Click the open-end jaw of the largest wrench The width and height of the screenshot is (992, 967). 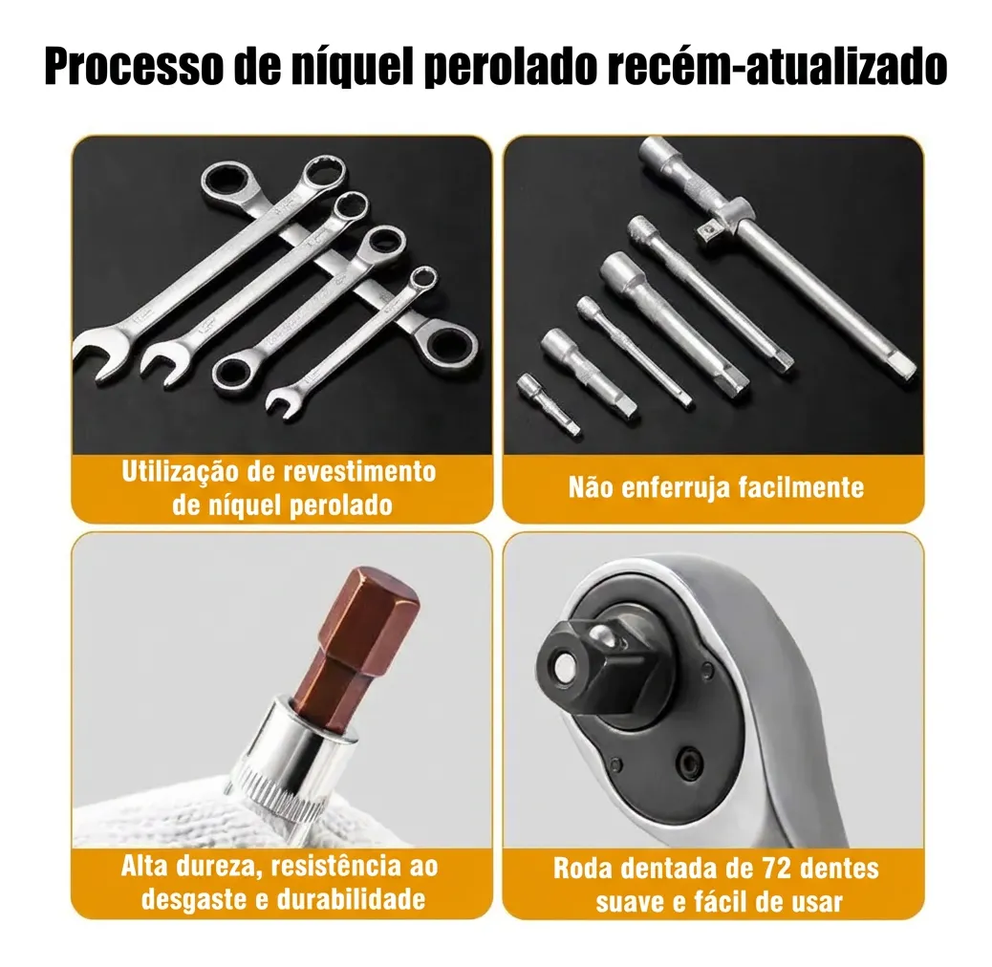tap(101, 355)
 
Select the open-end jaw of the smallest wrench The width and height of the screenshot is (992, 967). tap(284, 398)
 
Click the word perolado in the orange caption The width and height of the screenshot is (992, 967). tap(339, 505)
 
